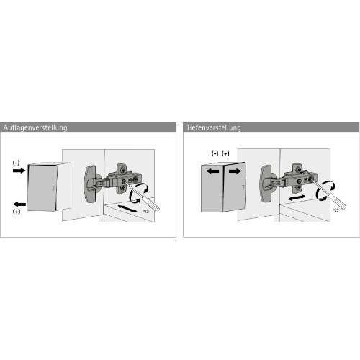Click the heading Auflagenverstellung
point(35,127)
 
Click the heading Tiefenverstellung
point(214,127)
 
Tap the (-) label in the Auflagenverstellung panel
point(16,163)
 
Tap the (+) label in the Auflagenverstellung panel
point(17,212)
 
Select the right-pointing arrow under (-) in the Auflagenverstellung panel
point(19,171)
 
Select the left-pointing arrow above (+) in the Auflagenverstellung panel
point(19,204)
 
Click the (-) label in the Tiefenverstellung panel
point(215,153)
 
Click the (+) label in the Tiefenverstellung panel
point(225,153)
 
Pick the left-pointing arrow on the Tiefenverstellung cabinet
point(212,171)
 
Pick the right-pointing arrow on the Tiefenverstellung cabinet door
point(235,171)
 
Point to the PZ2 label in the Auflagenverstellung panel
point(145,212)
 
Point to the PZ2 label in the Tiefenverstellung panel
point(336,210)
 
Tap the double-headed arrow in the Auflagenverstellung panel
point(127,208)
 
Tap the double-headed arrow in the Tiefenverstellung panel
point(297,198)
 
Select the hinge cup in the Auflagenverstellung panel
point(90,184)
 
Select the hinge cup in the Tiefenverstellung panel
point(266,184)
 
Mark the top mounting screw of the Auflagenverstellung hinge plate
point(122,170)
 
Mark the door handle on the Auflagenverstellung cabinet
point(53,188)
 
